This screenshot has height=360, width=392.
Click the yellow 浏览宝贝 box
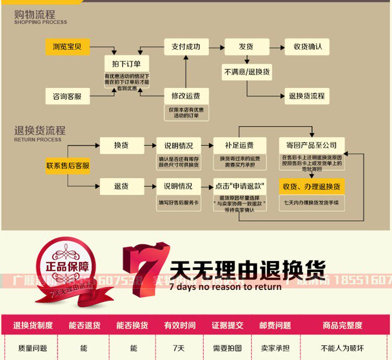coord(67,47)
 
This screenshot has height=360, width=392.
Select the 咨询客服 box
coord(67,96)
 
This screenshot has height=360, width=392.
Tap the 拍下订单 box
coord(126,64)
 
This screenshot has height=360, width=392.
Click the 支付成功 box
coord(186,47)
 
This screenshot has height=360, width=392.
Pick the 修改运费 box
coord(186,96)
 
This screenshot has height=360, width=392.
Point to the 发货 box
coord(246,47)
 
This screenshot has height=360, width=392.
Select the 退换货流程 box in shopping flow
coord(307,96)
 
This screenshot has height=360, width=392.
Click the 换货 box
coord(122,145)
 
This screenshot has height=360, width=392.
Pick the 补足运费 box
coord(240,145)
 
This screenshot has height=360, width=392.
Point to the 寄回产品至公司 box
coord(312,145)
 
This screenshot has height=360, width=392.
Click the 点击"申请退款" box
coord(240,186)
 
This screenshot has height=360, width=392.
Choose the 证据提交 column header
coord(227,325)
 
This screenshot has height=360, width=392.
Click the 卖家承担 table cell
coord(275,348)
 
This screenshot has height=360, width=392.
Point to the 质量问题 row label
coord(32,348)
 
